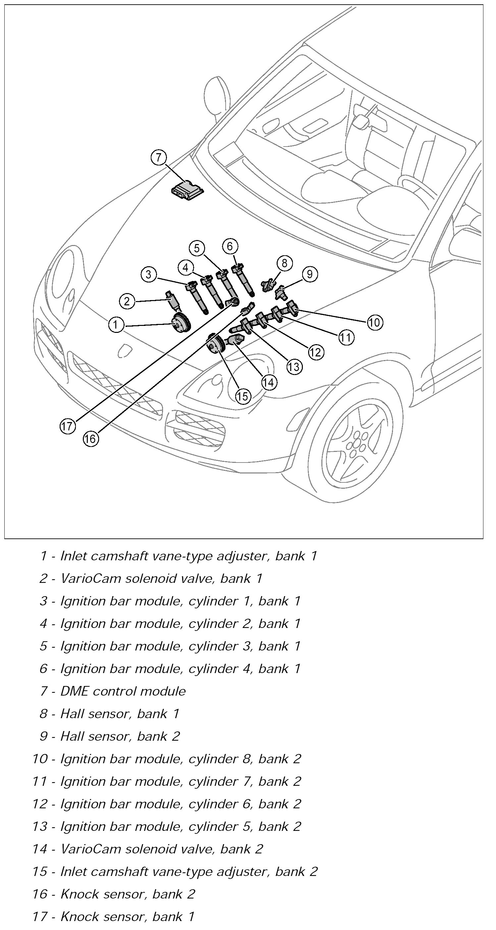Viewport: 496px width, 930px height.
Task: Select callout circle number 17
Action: point(67,426)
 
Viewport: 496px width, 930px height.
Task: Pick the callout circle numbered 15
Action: point(243,396)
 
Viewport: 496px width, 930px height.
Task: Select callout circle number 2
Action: point(127,301)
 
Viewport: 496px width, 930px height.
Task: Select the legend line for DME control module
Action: point(123,691)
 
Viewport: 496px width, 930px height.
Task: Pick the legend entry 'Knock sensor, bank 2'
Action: point(127,894)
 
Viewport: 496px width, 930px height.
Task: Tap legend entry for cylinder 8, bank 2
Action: point(180,759)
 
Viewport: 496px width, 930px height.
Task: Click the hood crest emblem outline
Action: point(125,349)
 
